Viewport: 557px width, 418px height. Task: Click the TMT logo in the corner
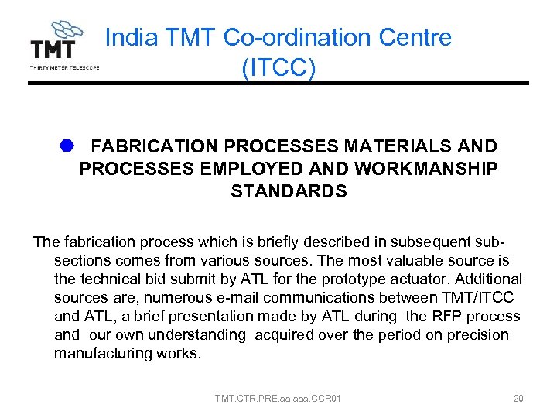pos(63,46)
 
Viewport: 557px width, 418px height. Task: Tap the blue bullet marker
pos(67,146)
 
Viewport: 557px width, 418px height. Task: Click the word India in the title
pos(125,37)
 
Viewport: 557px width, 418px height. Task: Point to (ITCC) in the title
pos(278,68)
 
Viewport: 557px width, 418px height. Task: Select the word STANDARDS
pos(289,191)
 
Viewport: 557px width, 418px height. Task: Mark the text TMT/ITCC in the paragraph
pos(480,298)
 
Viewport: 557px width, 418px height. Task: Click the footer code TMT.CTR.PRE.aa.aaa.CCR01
pos(278,399)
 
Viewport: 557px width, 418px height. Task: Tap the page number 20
pos(518,399)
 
